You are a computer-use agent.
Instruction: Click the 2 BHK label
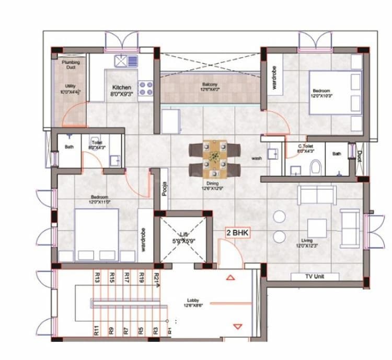237,232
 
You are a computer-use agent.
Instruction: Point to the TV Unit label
315,277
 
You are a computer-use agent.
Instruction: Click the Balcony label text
210,87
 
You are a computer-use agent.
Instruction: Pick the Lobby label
192,303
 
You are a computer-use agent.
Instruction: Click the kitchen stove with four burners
145,87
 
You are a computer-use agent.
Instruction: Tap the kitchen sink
126,61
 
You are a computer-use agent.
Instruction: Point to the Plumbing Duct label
71,65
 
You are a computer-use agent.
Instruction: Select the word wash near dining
256,158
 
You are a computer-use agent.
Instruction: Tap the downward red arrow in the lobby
238,327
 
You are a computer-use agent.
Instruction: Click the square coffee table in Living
317,228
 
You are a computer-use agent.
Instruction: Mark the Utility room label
70,89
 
